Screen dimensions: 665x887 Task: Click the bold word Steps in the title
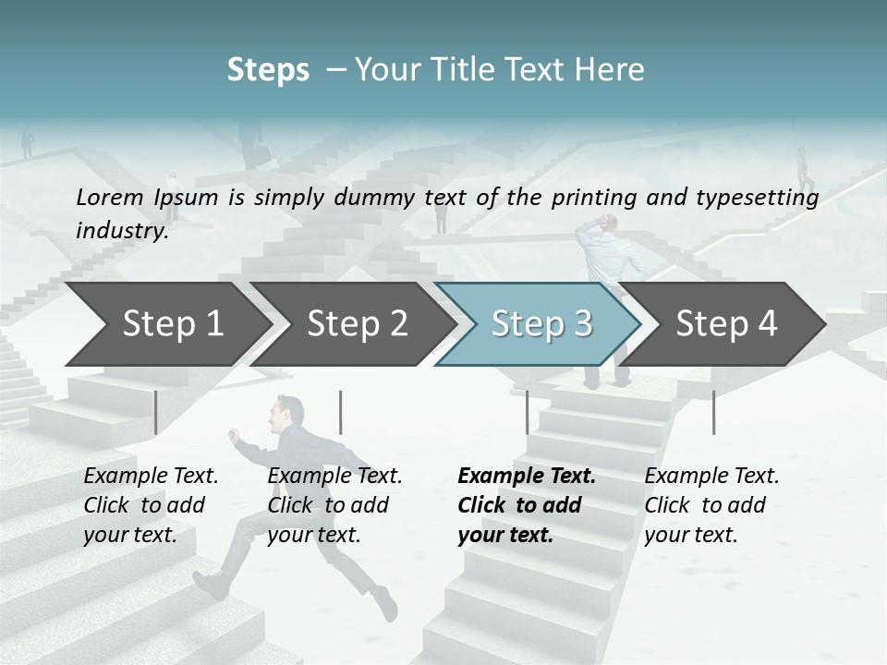point(268,70)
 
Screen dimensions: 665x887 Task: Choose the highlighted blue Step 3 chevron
point(541,323)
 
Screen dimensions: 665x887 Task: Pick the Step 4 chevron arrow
point(726,323)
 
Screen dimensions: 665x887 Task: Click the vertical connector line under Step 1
point(156,412)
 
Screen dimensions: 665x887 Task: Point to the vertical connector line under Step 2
point(341,412)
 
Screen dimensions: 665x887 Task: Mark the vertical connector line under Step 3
point(527,412)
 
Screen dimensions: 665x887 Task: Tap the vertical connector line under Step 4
point(713,412)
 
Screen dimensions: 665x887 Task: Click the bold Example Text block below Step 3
point(527,505)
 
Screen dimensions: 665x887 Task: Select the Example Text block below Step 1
point(151,505)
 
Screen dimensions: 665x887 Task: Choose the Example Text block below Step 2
point(334,505)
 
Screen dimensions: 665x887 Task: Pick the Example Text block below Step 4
point(711,505)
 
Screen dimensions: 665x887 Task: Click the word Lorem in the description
point(109,197)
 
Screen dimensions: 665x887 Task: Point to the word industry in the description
point(121,231)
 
